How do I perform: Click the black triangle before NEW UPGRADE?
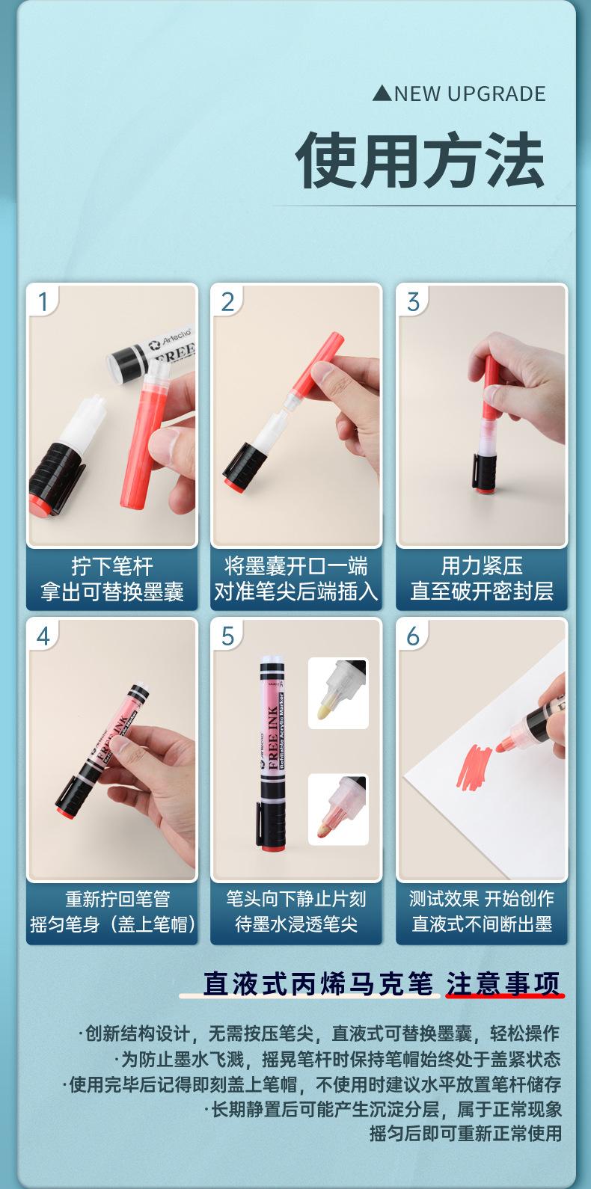click(382, 94)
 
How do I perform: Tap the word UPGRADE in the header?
click(497, 94)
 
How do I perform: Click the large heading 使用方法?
click(420, 160)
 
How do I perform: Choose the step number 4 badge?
click(43, 636)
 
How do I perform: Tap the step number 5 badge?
click(228, 636)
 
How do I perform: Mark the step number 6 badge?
click(413, 636)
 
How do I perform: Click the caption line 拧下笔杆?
click(112, 566)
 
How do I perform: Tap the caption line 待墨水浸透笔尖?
click(296, 924)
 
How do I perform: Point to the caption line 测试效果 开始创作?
click(482, 899)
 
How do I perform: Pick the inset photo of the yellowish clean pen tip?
click(338, 693)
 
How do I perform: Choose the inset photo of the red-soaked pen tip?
click(338, 809)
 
